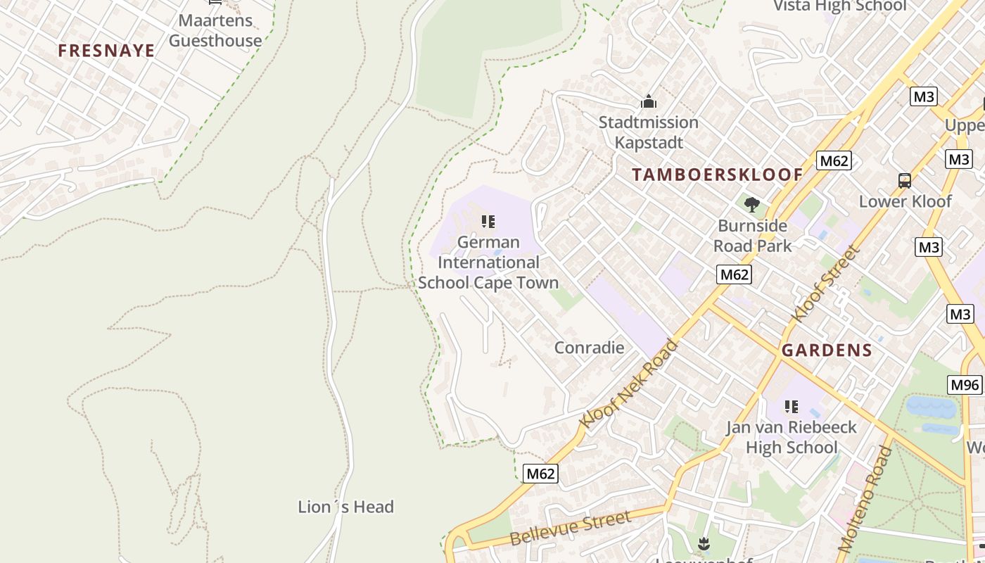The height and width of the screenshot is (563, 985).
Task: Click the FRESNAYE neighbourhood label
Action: pyautogui.click(x=106, y=51)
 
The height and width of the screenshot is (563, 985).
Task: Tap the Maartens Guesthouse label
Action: pyautogui.click(x=215, y=30)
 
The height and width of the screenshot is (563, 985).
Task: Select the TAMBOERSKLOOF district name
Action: pyautogui.click(x=717, y=175)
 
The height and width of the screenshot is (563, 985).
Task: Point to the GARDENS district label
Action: pyautogui.click(x=827, y=350)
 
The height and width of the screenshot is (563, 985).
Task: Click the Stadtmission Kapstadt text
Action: pyautogui.click(x=648, y=132)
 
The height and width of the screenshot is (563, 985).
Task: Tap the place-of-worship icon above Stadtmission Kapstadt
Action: pyautogui.click(x=648, y=102)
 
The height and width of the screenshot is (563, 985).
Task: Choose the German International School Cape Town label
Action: pyautogui.click(x=488, y=262)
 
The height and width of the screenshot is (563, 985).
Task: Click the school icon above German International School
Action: pyautogui.click(x=488, y=222)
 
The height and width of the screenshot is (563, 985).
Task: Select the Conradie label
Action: pyautogui.click(x=589, y=348)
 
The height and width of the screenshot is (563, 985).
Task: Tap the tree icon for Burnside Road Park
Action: pyautogui.click(x=752, y=205)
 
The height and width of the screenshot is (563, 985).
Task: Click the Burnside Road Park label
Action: pyautogui.click(x=752, y=236)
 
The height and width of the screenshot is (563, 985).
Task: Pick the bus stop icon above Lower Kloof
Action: pyautogui.click(x=905, y=181)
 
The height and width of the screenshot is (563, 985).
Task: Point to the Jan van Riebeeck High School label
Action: pyautogui.click(x=792, y=437)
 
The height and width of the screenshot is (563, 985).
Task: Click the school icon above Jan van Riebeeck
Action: pyautogui.click(x=792, y=407)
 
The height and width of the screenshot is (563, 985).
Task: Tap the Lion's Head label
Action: pyautogui.click(x=345, y=507)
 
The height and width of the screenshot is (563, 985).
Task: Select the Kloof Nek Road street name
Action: pyautogui.click(x=628, y=384)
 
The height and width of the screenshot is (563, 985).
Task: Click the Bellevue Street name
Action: pyautogui.click(x=570, y=528)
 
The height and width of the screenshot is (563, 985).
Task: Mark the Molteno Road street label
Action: pyautogui.click(x=865, y=498)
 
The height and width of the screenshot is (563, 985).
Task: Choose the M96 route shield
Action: pyautogui.click(x=965, y=385)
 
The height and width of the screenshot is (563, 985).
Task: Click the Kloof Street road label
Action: pyautogui.click(x=825, y=283)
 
